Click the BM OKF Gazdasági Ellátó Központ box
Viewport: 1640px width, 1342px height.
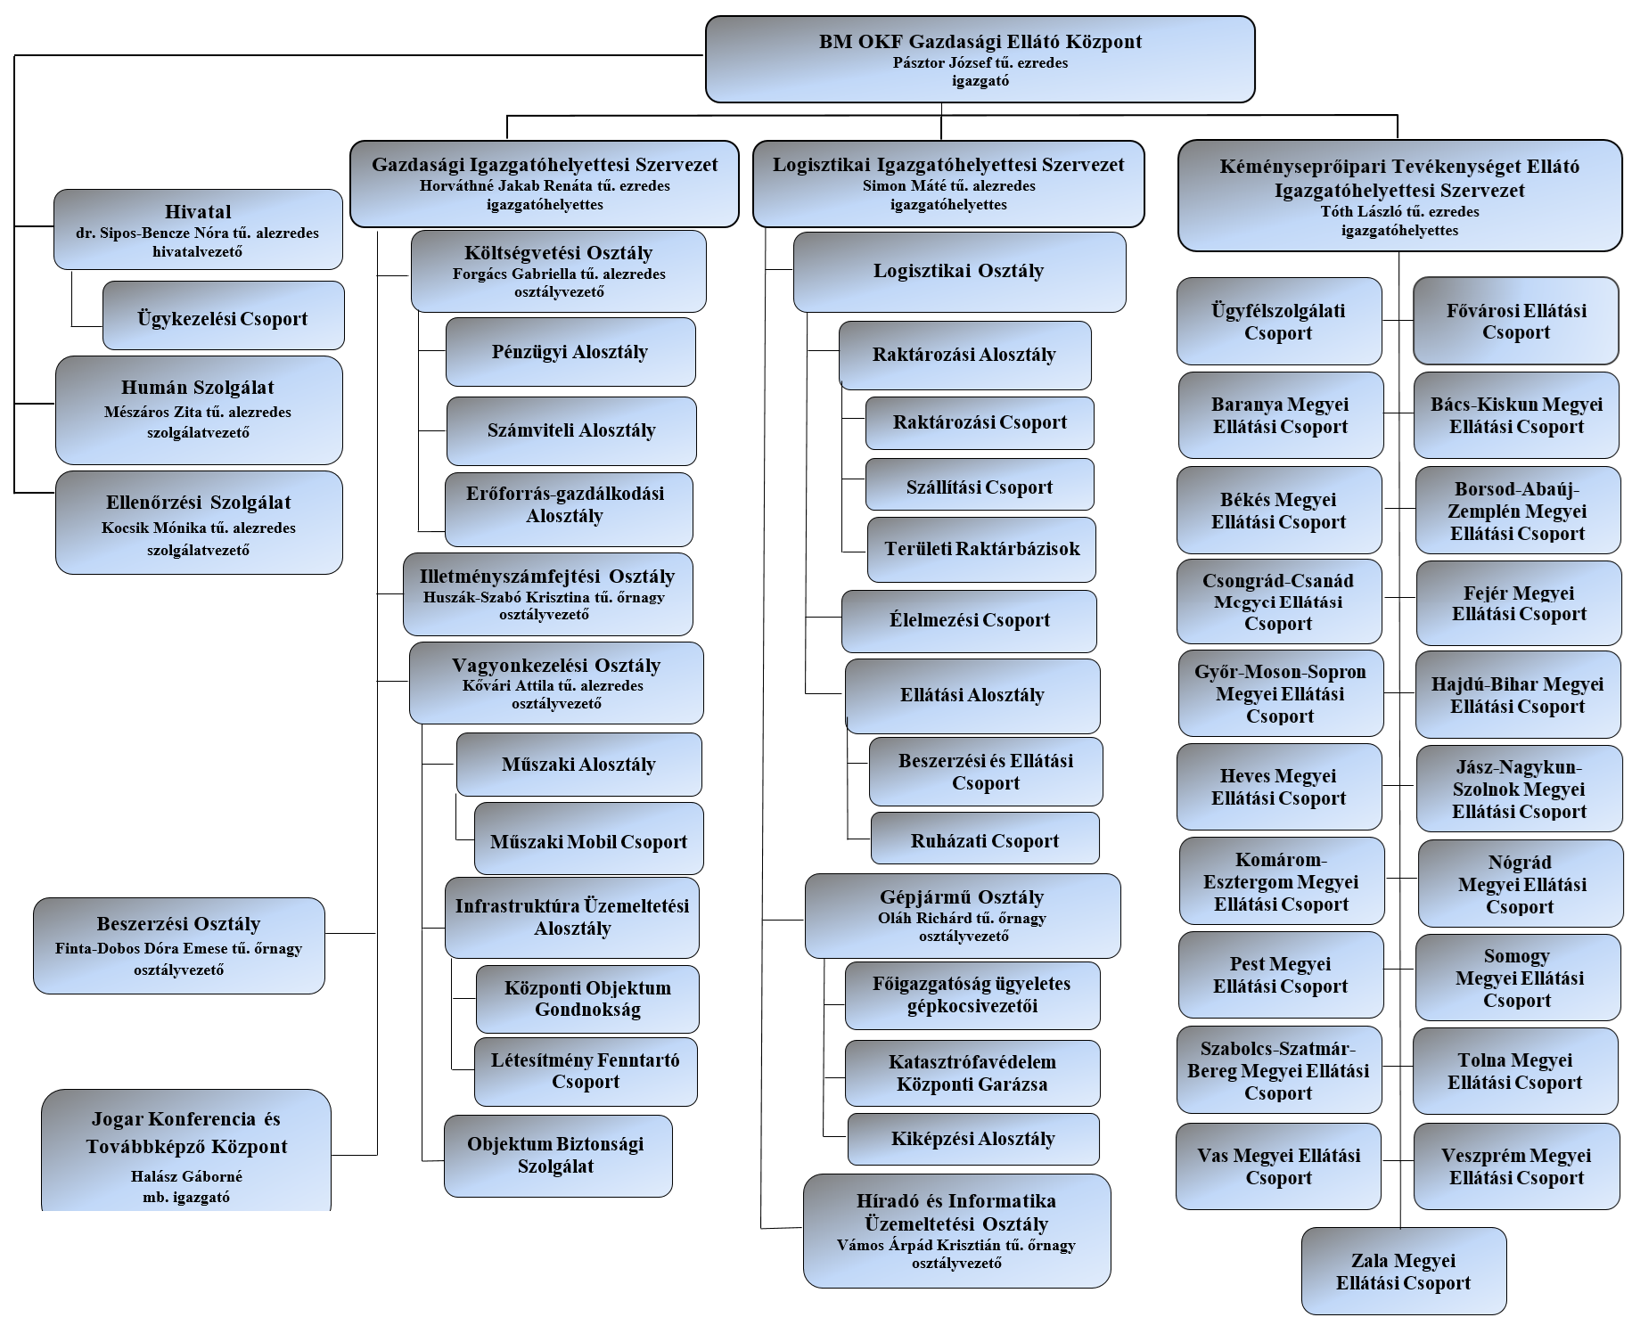tap(980, 59)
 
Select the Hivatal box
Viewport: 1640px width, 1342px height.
tap(198, 229)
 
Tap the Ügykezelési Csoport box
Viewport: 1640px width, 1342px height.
tap(223, 315)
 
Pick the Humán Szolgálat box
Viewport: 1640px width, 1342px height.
tap(199, 410)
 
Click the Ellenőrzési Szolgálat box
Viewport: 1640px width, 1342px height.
tap(199, 522)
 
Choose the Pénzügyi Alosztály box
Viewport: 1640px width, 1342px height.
tap(570, 351)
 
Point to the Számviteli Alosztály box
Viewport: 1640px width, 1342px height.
tap(571, 430)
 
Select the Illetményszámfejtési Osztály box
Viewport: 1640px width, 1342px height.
tap(547, 594)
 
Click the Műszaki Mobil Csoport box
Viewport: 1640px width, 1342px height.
tap(588, 839)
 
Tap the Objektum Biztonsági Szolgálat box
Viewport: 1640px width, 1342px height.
tap(558, 1156)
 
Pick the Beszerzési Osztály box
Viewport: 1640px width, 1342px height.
tap(179, 945)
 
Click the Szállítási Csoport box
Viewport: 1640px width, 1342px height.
tap(980, 484)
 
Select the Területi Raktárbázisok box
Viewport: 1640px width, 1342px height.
tap(981, 549)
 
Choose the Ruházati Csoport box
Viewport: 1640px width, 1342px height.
tap(985, 838)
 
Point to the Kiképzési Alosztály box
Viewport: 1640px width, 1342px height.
tap(973, 1139)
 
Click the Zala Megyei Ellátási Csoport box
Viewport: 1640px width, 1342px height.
tap(1404, 1271)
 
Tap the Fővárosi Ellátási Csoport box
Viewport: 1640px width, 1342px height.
tap(1516, 321)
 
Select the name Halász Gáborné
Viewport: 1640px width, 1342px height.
tap(186, 1176)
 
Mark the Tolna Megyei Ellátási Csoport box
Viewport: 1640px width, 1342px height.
tap(1515, 1071)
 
